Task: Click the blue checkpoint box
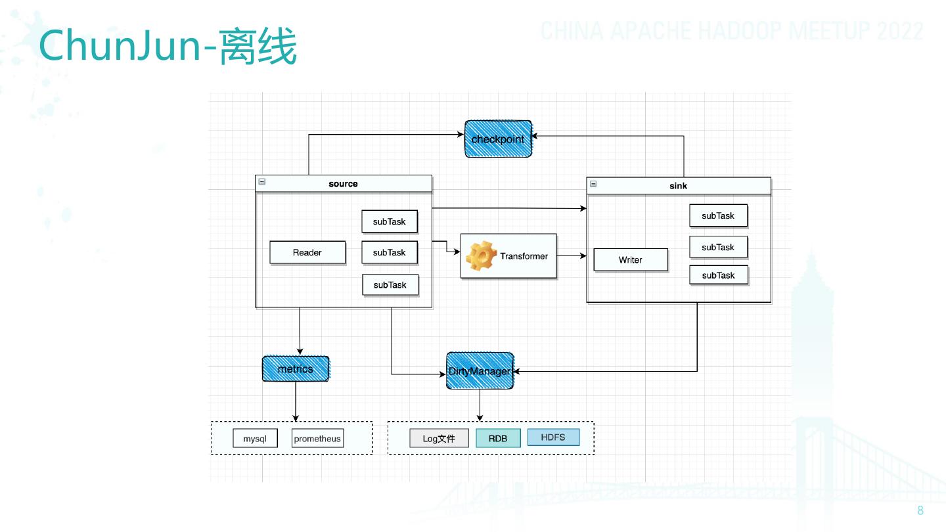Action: [499, 139]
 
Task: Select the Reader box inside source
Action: [307, 253]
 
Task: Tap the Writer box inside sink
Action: [631, 260]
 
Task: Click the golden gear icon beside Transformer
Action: [481, 255]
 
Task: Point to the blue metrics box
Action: [296, 369]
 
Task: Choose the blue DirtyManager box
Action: [480, 372]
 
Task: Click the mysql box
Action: [255, 439]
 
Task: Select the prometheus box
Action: [318, 439]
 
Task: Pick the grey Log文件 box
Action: [439, 439]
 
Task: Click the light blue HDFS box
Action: [553, 437]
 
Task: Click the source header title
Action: [343, 184]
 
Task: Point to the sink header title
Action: [678, 186]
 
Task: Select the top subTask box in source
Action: [390, 222]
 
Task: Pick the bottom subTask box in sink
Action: [719, 275]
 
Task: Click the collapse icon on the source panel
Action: [262, 182]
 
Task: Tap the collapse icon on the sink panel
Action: [593, 184]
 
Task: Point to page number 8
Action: [920, 511]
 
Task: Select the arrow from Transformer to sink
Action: [572, 256]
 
